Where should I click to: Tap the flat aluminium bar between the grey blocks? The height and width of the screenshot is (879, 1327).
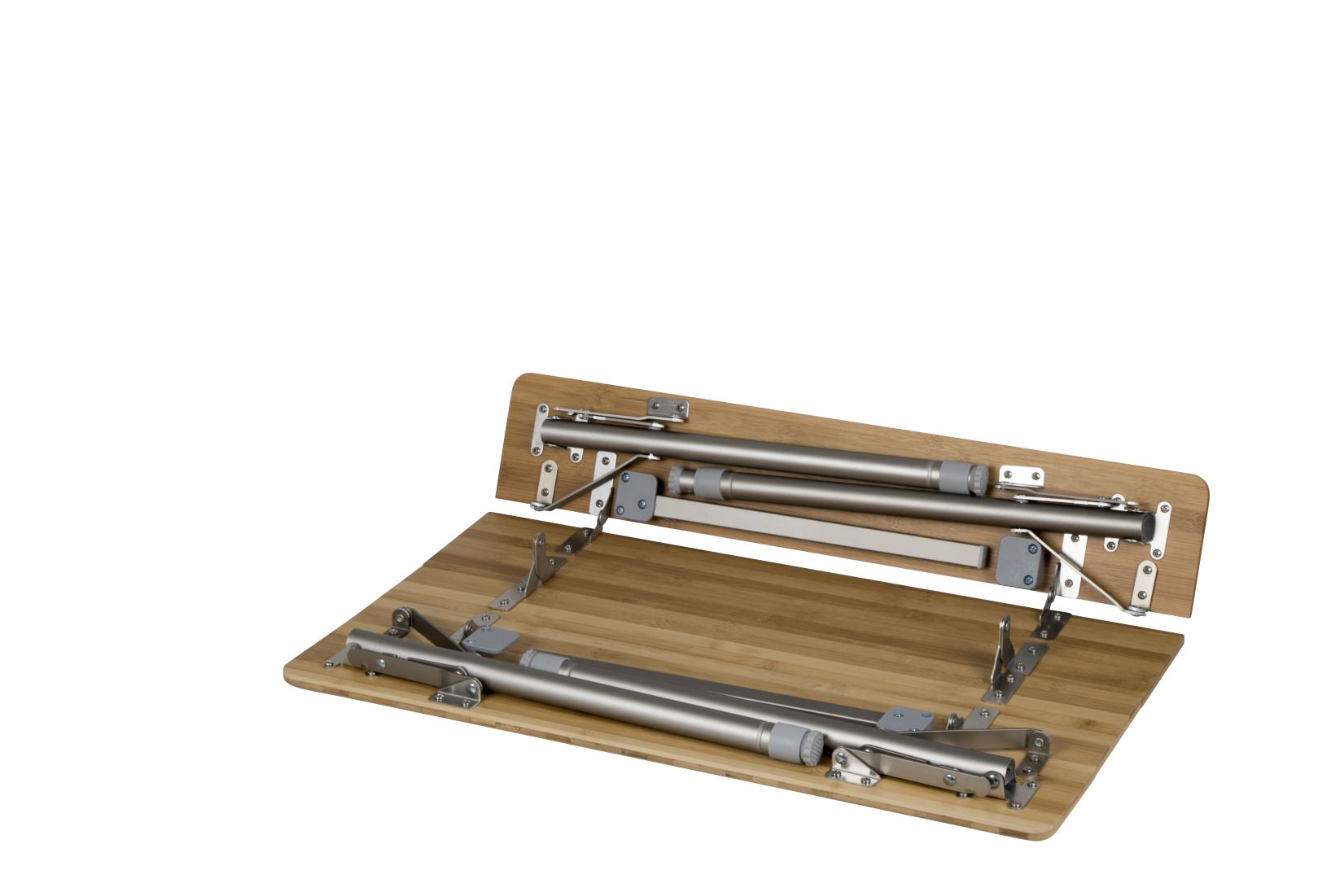pyautogui.click(x=822, y=533)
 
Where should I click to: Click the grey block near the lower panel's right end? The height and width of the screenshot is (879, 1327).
pyautogui.click(x=909, y=717)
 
